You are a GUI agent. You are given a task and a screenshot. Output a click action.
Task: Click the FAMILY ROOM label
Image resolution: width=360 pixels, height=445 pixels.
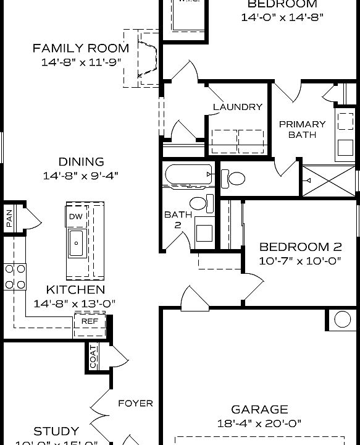[x=81, y=48]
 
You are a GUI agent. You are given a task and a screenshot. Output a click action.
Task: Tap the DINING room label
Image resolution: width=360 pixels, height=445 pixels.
[x=81, y=162]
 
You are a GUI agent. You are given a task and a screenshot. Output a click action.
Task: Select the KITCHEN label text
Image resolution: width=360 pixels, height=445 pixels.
[x=75, y=289]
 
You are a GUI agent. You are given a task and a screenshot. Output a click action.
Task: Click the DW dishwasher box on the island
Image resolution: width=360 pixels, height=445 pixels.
[x=76, y=216]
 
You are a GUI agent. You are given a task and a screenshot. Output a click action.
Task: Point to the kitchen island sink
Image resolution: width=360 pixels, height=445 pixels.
[x=76, y=242]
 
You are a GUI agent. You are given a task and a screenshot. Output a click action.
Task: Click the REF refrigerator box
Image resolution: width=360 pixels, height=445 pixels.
[x=90, y=322]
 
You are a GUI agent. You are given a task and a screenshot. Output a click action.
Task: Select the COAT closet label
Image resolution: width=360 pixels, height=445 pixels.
[x=93, y=357]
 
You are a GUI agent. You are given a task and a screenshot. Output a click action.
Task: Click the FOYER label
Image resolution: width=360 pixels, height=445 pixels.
[x=135, y=404]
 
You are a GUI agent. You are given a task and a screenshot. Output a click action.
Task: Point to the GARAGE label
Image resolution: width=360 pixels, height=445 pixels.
[x=259, y=409]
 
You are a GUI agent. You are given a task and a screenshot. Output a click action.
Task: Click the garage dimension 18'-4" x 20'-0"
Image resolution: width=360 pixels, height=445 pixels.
[x=259, y=423]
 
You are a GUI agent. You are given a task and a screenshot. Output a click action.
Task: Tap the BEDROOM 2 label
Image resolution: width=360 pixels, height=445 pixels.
[x=300, y=246]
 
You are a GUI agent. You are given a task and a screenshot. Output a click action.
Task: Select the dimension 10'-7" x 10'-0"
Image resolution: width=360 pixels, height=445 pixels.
[x=300, y=261]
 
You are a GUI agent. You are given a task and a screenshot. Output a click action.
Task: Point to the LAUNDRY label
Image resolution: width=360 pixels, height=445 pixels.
[x=238, y=107]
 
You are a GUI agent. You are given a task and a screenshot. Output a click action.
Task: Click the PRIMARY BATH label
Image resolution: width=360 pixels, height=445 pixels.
[x=302, y=129]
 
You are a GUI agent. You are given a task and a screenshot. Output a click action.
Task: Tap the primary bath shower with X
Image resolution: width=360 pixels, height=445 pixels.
[x=329, y=180]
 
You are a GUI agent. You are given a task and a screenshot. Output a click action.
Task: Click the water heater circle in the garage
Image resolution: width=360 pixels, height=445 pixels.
[x=343, y=320]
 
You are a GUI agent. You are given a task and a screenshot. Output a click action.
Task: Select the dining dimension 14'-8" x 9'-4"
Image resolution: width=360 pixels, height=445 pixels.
[x=81, y=176]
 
